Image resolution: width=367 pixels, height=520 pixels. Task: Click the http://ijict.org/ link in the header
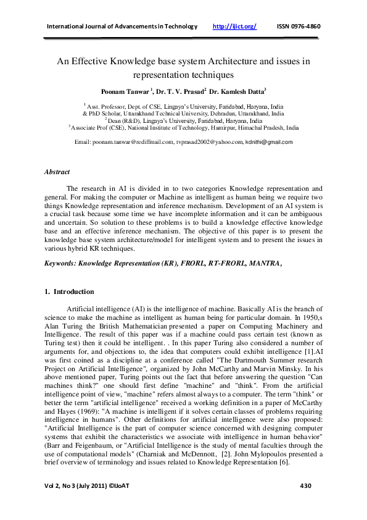pyautogui.click(x=234, y=27)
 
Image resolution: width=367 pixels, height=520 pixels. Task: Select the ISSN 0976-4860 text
pyautogui.click(x=299, y=27)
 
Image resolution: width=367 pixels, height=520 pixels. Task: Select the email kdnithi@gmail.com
pyautogui.click(x=269, y=142)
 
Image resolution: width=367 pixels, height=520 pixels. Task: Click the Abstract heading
pyautogui.click(x=58, y=172)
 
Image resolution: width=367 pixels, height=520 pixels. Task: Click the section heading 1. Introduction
pyautogui.click(x=70, y=291)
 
